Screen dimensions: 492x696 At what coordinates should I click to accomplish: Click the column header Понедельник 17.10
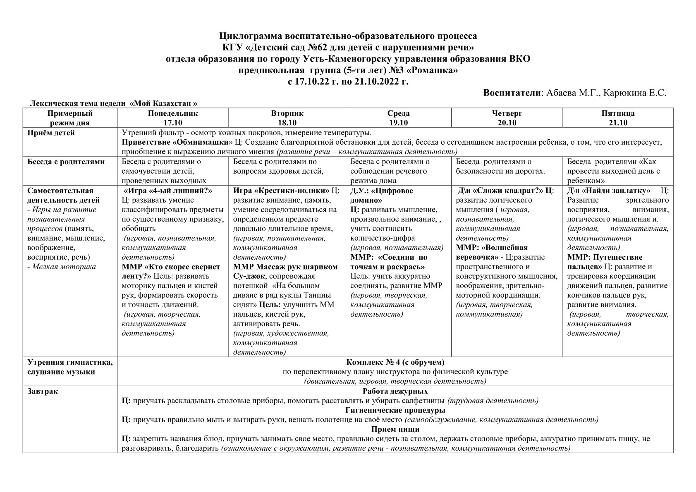point(172,118)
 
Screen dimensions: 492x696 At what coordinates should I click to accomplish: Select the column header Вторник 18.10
point(287,118)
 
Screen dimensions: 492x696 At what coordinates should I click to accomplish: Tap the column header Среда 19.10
point(398,118)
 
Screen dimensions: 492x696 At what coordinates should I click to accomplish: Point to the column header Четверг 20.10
point(507,118)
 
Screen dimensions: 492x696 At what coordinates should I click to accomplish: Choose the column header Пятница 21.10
point(618,118)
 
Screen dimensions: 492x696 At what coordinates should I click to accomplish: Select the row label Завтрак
point(43,392)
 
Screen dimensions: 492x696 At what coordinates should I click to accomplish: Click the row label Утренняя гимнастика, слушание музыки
point(70,367)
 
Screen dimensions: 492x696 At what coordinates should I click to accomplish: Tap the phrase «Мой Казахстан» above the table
point(163,103)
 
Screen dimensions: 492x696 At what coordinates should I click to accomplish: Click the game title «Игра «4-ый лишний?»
point(167,191)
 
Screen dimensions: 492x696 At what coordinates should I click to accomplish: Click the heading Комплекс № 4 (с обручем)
point(395,363)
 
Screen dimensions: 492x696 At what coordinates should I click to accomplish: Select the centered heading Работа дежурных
point(395,392)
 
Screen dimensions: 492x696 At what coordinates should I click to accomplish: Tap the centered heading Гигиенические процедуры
point(395,411)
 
